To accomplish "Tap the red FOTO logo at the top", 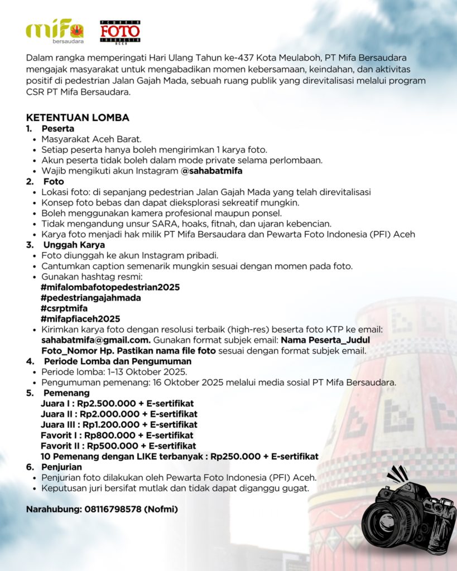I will point(120,32).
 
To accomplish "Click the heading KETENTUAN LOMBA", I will point(78,117).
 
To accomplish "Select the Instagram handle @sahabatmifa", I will point(208,171).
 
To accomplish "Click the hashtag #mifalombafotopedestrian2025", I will point(110,287).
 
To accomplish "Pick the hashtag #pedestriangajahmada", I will point(90,298).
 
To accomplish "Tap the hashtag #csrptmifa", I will point(64,308).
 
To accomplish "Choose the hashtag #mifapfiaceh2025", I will point(80,319).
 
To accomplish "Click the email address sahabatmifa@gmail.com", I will point(95,340).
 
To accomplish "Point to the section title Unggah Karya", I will point(74,245).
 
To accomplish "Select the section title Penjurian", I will point(61,467).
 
